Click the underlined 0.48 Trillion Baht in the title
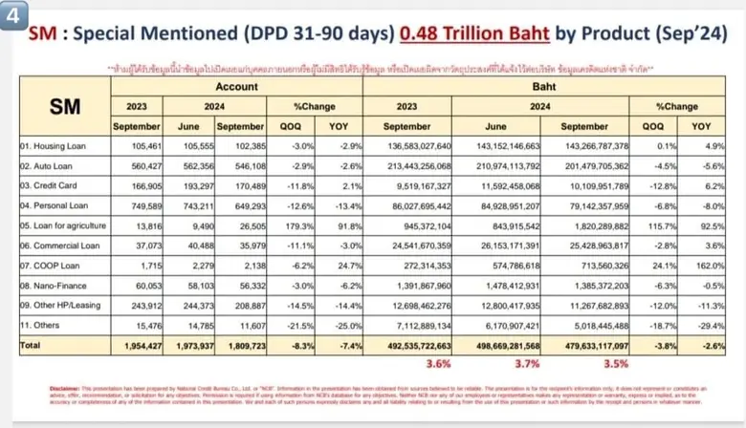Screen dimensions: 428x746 point(474,36)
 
